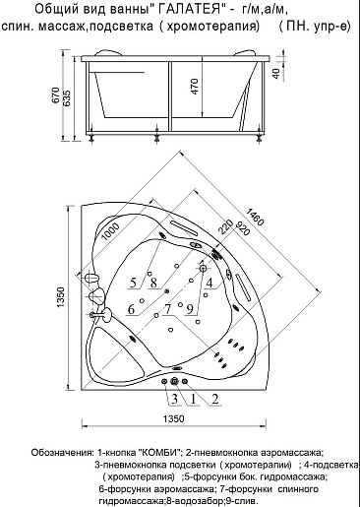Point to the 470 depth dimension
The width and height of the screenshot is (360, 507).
195,87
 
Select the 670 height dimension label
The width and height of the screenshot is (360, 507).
56,95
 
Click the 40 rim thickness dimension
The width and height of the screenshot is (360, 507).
276,73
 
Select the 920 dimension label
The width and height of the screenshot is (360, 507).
242,229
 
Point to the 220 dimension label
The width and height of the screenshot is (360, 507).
226,225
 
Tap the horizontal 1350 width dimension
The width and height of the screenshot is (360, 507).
174,418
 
